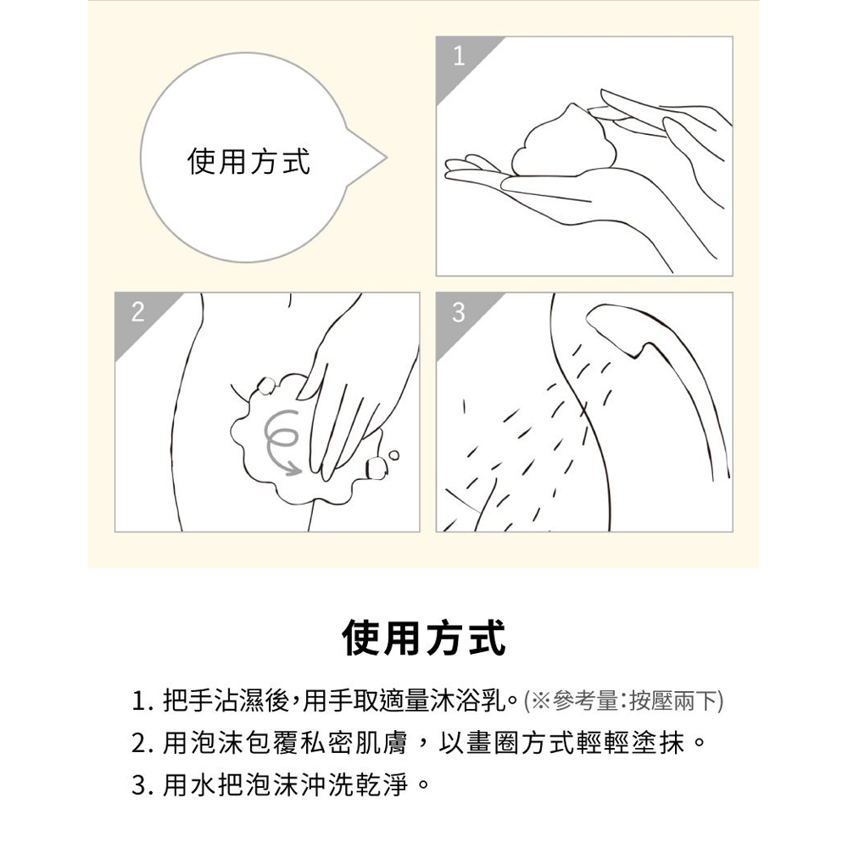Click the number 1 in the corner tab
pos(459,56)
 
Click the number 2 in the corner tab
pos(138,312)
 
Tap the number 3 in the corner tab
pos(459,312)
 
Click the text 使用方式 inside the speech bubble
pos(248,161)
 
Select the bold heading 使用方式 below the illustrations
pos(424,639)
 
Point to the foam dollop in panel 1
pos(559,142)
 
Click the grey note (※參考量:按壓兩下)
pos(623,701)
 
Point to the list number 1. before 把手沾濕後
pos(141,702)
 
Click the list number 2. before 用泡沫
pos(142,744)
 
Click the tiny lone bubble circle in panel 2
pos(393,455)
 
